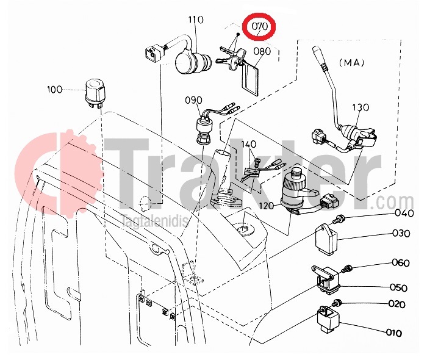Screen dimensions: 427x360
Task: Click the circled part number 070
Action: point(259,26)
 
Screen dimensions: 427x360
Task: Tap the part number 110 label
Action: point(196,20)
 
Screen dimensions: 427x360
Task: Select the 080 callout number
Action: point(262,51)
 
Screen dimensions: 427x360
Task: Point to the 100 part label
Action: point(55,89)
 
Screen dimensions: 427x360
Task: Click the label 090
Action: point(193,100)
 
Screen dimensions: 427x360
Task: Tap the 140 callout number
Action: point(248,144)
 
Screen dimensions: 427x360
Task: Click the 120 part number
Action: point(267,206)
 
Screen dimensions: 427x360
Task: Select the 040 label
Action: point(404,213)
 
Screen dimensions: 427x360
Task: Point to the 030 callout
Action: point(401,233)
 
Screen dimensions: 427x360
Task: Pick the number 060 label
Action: point(401,263)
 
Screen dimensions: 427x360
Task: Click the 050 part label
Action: point(398,287)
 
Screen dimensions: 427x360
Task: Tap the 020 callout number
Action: point(396,304)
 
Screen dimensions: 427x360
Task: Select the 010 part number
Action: point(394,333)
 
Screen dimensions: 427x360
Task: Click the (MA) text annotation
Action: point(351,63)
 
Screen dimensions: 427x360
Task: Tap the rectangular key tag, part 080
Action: point(249,79)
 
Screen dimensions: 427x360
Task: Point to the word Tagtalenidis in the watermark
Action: point(154,221)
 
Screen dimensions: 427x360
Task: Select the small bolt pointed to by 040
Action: point(339,218)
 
